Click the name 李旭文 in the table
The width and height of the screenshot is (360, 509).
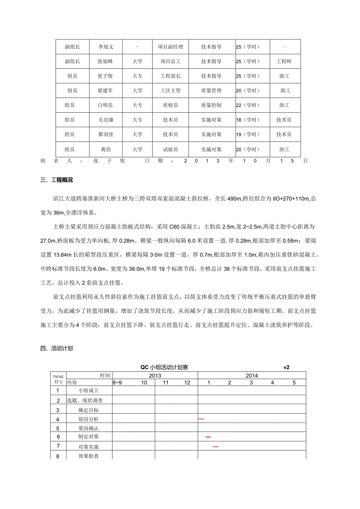(106, 47)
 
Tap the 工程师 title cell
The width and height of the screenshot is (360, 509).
(284, 61)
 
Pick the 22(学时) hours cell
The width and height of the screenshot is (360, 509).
(248, 105)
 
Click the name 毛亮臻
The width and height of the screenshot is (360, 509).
(106, 120)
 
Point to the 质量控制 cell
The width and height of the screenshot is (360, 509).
(211, 105)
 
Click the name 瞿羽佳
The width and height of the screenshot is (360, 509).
(106, 135)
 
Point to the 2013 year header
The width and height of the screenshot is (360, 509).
(155, 376)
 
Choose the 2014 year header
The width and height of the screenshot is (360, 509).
(252, 376)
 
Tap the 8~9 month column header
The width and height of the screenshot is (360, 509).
(117, 383)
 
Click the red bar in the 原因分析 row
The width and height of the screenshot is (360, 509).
(201, 419)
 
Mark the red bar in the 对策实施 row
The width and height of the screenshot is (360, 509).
(216, 446)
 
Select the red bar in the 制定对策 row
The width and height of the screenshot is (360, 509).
(208, 437)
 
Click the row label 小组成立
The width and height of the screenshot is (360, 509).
(88, 390)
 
